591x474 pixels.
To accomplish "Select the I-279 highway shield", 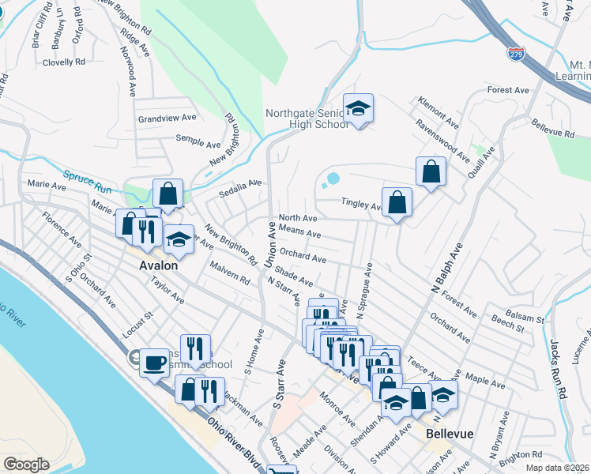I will pos(516,54).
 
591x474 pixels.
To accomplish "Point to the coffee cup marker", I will pos(154,363).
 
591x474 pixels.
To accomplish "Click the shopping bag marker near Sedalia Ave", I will pos(168,194).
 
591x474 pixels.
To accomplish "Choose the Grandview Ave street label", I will pos(166,118).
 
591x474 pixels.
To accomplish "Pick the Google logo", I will pos(26,465).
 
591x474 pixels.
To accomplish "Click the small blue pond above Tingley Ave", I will pos(333,179).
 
